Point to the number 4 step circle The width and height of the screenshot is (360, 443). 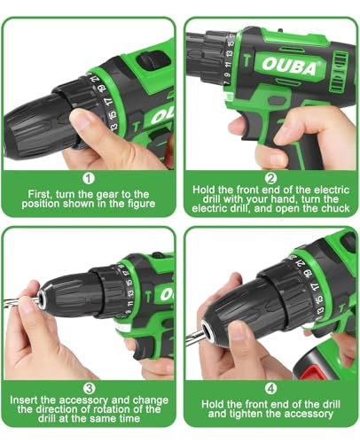[x=270, y=388]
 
